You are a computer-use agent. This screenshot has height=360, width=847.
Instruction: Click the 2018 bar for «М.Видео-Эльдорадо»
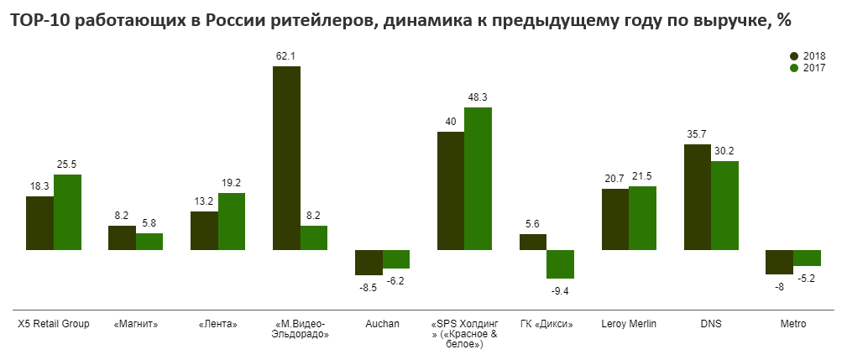point(286,158)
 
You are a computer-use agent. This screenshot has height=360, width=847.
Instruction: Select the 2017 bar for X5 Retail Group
point(68,212)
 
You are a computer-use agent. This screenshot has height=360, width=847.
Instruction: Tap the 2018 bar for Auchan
point(369,263)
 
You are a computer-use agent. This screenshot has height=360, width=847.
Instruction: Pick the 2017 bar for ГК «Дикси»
point(560,264)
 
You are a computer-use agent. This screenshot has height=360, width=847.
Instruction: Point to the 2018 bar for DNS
point(698,197)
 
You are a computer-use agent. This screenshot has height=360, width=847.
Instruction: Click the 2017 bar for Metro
point(807,258)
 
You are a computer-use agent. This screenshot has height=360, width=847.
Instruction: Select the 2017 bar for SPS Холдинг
point(478,179)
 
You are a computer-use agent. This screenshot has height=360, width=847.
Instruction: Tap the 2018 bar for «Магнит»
point(122,237)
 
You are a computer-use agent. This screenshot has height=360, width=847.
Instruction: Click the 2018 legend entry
point(808,55)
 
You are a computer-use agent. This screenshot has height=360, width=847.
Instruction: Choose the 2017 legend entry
point(808,68)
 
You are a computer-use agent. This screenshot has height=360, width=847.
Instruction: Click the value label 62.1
point(286,56)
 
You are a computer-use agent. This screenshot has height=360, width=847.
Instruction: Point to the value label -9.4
point(560,291)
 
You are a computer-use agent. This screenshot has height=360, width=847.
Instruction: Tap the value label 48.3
point(478,97)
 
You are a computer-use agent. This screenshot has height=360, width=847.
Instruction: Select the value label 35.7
point(698,134)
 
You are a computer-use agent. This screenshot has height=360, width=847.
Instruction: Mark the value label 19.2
point(231,183)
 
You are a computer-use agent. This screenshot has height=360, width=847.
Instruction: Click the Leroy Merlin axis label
point(629,323)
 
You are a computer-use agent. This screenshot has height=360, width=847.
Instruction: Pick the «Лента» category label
point(217,323)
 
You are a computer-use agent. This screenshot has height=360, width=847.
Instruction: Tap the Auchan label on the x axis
point(382,323)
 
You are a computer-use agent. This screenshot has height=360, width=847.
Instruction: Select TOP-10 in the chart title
point(39,21)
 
